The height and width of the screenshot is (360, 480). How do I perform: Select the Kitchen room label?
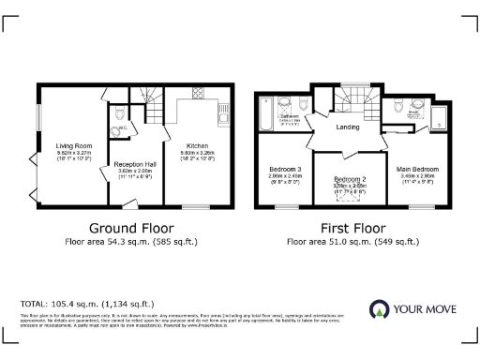click(197, 146)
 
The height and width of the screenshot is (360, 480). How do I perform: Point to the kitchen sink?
click(225, 116)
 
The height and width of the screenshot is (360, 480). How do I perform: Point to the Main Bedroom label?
click(418, 169)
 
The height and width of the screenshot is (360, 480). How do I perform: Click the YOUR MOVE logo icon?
click(380, 309)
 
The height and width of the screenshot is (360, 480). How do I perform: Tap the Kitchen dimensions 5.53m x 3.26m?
click(197, 154)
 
